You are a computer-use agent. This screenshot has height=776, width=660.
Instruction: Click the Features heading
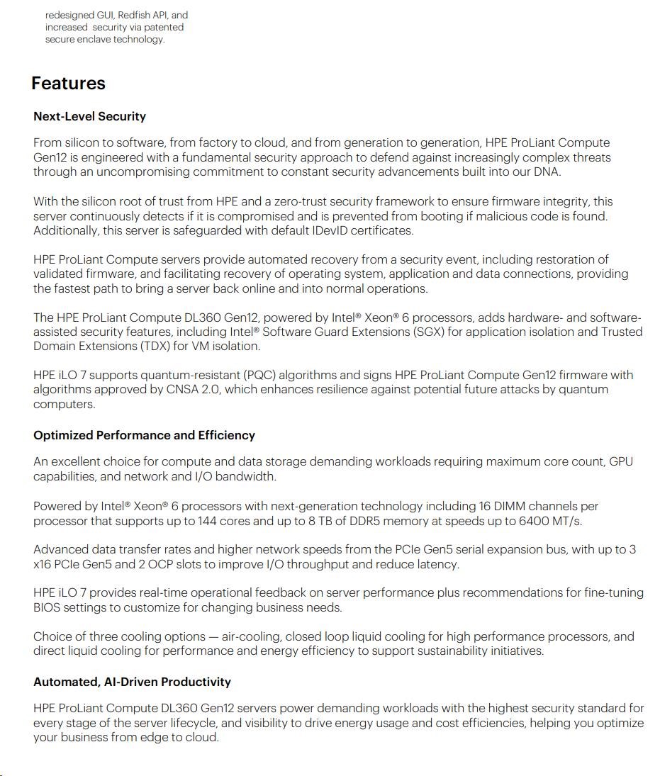[x=68, y=84]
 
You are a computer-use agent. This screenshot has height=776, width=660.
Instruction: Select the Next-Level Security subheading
[x=89, y=116]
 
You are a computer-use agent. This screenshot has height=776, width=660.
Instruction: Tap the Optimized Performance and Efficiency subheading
[x=144, y=435]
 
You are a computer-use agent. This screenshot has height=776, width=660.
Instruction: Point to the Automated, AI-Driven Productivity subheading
[x=132, y=682]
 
